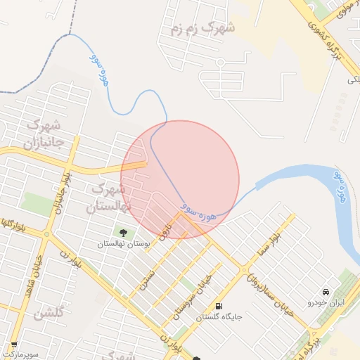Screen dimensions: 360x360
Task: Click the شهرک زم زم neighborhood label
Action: click(202, 28)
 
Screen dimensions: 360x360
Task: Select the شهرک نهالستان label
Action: click(109, 198)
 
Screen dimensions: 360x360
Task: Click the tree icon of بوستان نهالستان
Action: click(124, 231)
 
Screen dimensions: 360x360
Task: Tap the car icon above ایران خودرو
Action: click(326, 292)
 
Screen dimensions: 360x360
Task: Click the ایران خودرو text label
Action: click(323, 303)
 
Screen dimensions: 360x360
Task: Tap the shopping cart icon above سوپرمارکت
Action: click(13, 345)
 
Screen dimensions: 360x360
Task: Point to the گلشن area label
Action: click(67, 314)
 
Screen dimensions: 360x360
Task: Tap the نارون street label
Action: click(165, 231)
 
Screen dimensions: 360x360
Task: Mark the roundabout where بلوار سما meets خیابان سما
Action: click(244, 270)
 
